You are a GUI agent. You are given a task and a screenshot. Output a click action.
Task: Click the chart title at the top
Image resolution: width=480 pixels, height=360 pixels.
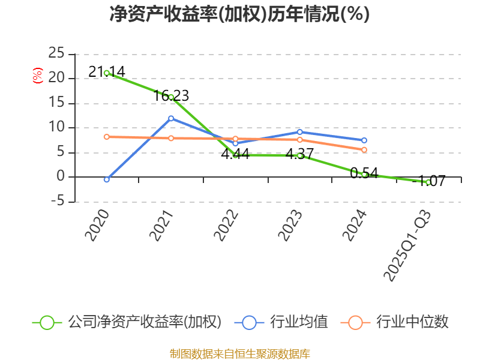[x=239, y=14]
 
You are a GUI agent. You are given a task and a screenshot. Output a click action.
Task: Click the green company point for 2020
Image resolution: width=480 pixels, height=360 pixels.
[x=107, y=73]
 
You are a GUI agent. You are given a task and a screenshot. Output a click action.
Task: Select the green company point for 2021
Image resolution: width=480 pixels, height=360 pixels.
[x=171, y=97]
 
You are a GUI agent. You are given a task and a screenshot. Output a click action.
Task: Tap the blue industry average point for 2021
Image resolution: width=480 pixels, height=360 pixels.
[x=171, y=118]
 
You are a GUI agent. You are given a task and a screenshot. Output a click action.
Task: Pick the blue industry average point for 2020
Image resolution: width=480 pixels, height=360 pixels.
[x=107, y=179]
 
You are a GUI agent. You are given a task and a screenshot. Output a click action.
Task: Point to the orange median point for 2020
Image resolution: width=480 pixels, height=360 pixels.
[x=107, y=137]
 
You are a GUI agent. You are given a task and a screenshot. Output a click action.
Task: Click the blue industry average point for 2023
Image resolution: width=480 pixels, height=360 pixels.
[x=299, y=131]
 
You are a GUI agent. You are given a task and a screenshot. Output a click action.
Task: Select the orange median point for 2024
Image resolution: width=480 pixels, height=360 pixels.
[x=364, y=150]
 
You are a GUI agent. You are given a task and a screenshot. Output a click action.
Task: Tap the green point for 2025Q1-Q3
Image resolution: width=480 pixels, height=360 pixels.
[x=428, y=182]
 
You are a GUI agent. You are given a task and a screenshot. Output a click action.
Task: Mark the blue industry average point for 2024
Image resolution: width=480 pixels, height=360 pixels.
[x=364, y=140]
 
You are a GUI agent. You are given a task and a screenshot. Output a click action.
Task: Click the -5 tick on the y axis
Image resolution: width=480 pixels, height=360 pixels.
[x=57, y=202]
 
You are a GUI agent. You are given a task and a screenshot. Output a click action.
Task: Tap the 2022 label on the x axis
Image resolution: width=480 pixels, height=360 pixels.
[x=227, y=225]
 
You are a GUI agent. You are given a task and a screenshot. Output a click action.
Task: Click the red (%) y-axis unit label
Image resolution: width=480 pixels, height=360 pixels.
[x=37, y=76]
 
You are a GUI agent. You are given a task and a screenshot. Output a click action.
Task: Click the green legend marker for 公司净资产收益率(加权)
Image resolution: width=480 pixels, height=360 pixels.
[x=47, y=322]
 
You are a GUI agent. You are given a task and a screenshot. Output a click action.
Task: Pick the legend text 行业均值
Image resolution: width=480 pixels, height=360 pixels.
[x=299, y=322]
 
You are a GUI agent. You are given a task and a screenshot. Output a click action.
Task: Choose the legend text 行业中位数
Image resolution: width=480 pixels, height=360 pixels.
[x=412, y=322]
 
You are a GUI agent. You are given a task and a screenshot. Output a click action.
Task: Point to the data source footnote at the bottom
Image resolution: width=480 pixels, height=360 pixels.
[x=239, y=353]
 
